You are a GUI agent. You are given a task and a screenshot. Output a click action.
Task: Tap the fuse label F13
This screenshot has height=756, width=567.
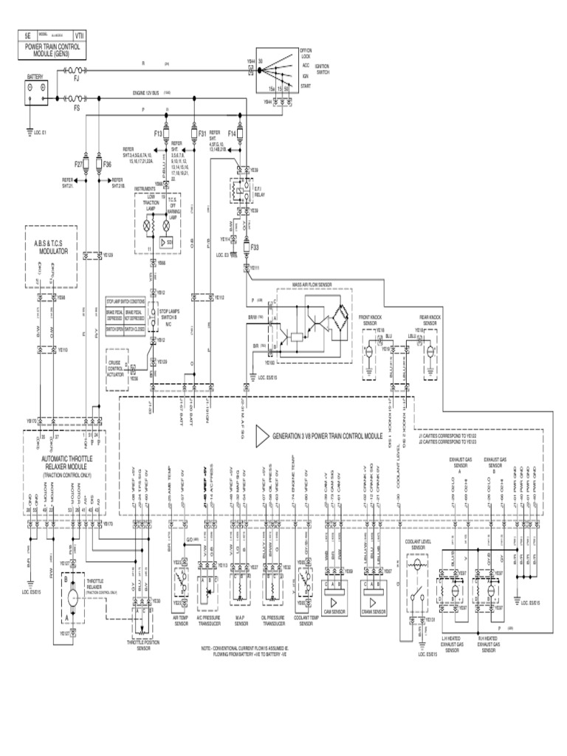click(158, 134)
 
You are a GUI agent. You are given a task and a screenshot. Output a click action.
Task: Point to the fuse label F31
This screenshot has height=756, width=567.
click(202, 134)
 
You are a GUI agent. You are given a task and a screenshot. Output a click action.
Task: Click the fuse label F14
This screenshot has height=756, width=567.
click(231, 134)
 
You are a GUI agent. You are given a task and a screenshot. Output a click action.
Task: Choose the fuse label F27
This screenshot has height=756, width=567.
click(79, 164)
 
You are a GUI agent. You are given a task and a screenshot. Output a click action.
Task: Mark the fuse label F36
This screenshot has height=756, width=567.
click(107, 164)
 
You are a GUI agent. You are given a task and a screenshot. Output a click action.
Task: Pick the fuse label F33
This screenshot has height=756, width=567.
click(255, 247)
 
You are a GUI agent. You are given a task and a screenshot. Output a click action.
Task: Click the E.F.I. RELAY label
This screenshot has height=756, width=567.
click(272, 189)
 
